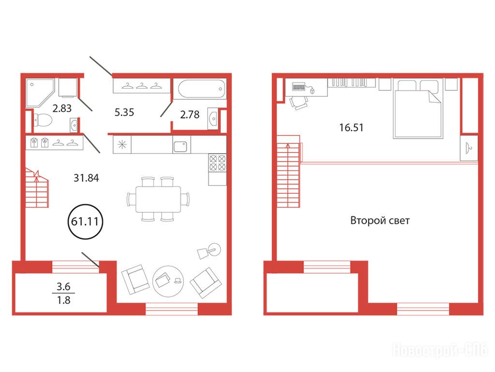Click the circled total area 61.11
(x=85, y=221)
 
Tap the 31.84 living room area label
(x=86, y=178)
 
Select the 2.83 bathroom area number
(x=62, y=108)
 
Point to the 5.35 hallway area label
(x=124, y=112)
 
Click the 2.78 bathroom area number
(x=190, y=114)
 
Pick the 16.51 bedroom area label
(x=351, y=128)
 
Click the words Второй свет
(x=380, y=220)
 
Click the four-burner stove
(x=217, y=162)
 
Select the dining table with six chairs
(x=158, y=199)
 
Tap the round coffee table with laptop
(x=168, y=281)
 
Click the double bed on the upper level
(x=418, y=109)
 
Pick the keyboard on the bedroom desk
(x=299, y=86)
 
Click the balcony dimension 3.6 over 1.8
(x=63, y=294)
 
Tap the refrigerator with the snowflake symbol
(x=122, y=144)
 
